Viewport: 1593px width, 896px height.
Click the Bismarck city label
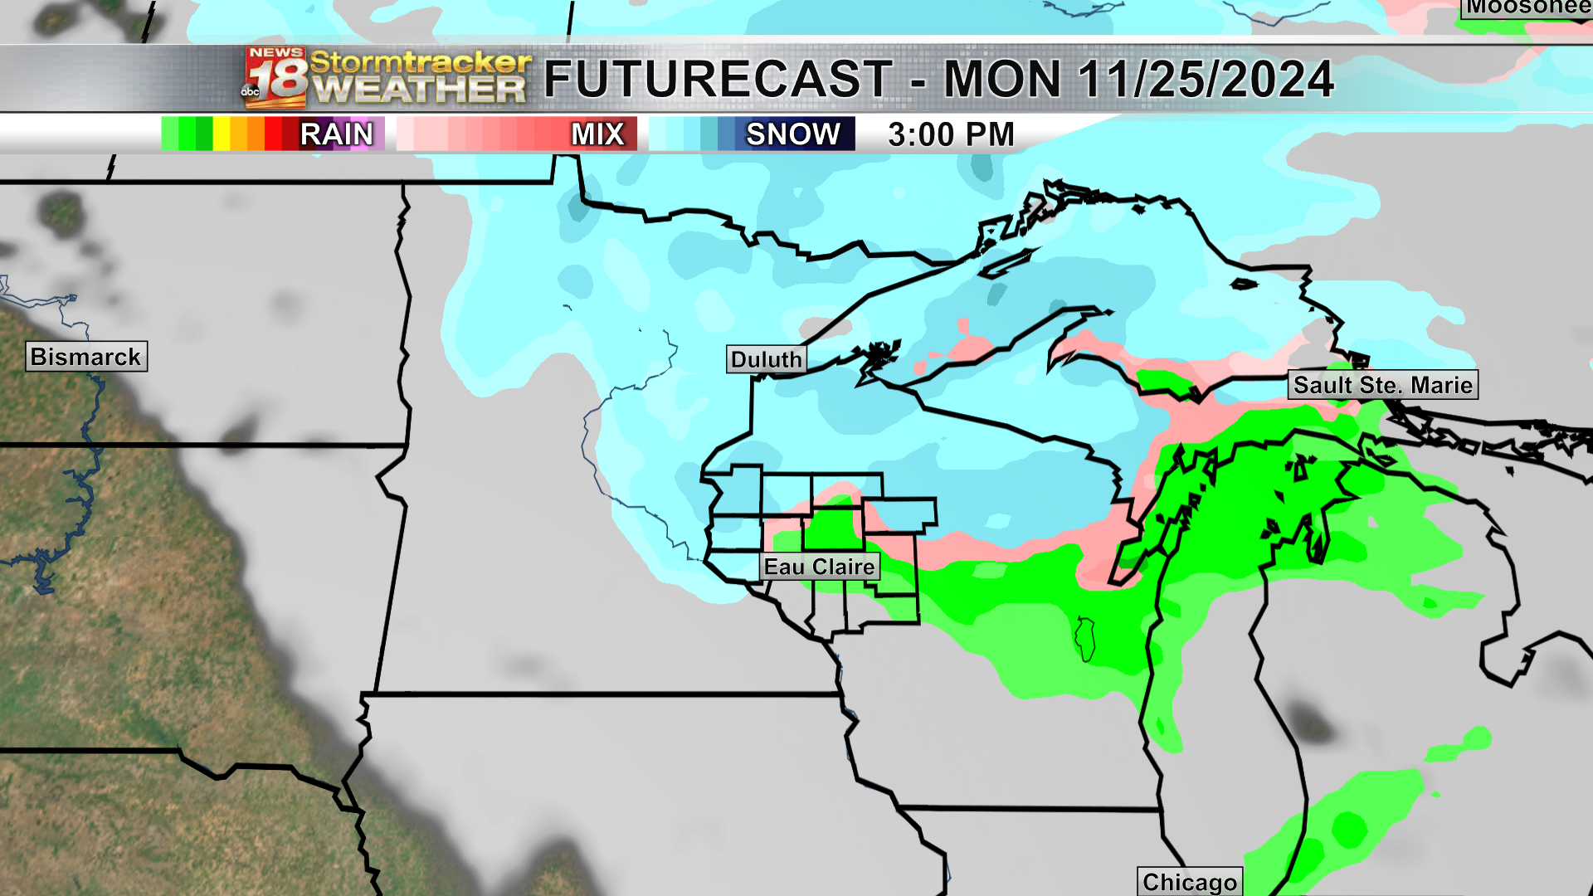[86, 357]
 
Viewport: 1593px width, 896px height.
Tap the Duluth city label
[766, 359]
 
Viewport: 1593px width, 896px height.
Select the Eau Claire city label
[820, 567]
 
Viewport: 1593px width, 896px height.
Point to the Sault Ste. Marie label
[1382, 385]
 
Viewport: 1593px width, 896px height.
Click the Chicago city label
[1189, 881]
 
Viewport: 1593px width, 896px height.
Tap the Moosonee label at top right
[1527, 8]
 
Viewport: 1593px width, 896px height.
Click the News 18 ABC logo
[275, 79]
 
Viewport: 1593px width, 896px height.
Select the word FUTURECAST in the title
[718, 80]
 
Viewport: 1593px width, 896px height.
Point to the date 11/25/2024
[1206, 80]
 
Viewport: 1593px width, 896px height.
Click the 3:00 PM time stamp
[951, 134]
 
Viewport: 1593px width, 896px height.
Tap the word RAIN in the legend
[336, 134]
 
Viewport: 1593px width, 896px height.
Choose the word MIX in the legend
[597, 134]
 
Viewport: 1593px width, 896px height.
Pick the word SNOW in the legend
[793, 134]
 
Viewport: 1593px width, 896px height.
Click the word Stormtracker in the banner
[420, 62]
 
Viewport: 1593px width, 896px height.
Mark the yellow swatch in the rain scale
[222, 134]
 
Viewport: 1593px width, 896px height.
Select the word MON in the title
[1002, 80]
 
